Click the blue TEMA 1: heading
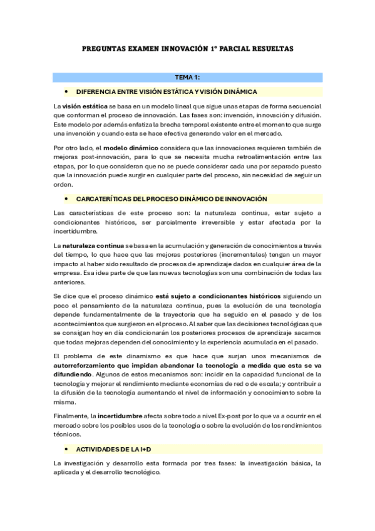point(187,77)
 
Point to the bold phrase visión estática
point(84,106)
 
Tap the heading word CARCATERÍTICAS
point(110,198)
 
